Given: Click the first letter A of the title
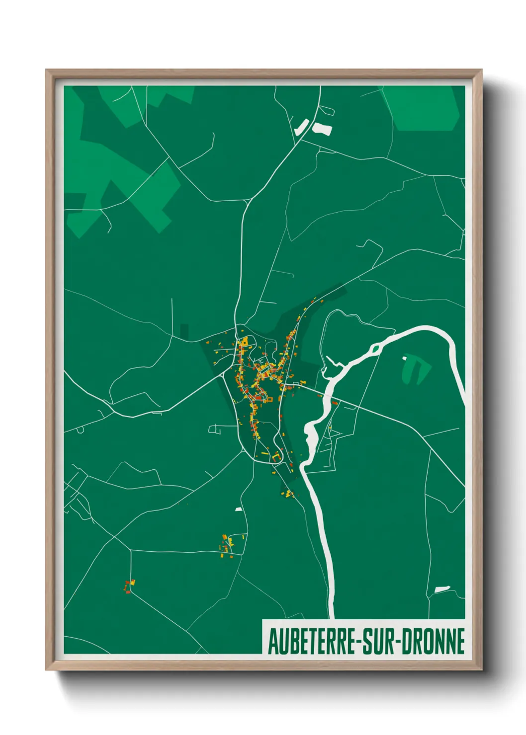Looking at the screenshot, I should [x=273, y=641].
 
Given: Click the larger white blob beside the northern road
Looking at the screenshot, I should [x=322, y=129].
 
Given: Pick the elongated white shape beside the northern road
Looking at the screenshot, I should [x=301, y=127].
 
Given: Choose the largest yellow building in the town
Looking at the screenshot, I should [x=244, y=343].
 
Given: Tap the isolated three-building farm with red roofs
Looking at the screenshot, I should [x=130, y=586].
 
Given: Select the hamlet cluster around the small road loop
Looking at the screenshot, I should [x=230, y=544].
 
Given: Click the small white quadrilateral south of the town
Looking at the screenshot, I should [x=238, y=510].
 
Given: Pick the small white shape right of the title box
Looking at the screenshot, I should [x=442, y=589].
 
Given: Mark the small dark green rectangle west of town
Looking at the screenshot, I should [x=184, y=332].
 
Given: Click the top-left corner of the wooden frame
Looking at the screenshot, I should [x=46, y=70].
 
